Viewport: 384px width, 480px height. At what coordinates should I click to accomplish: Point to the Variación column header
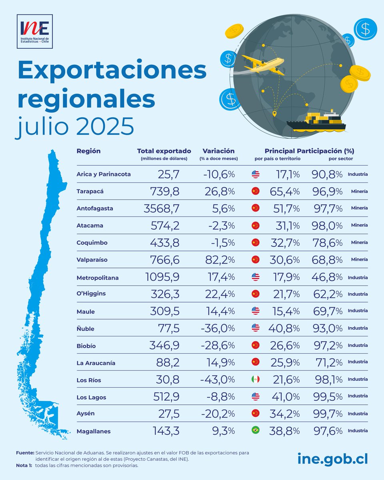[218, 151]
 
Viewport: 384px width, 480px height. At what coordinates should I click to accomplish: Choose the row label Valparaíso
[92, 260]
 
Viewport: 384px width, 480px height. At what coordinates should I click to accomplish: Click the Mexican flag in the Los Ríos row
[255, 379]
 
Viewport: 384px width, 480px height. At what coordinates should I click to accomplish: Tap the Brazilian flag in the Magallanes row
[255, 430]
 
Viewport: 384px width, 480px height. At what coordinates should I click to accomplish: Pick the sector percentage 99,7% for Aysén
[327, 414]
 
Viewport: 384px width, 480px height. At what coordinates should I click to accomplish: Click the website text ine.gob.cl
[332, 459]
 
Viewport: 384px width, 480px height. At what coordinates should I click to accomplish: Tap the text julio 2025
[74, 127]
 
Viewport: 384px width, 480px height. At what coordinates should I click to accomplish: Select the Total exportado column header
[164, 151]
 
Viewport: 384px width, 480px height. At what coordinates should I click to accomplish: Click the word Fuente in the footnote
[25, 452]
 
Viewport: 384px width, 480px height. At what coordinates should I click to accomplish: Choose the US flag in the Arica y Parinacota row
[255, 174]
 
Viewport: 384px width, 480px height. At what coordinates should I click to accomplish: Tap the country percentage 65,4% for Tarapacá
[285, 191]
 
